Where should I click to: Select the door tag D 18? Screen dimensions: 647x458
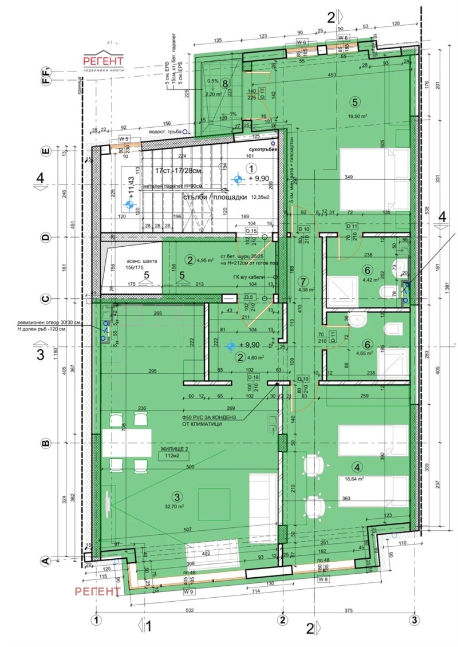(x=253, y=377)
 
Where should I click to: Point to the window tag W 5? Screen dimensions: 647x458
(x=124, y=139)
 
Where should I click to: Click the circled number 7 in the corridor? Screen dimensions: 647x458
(x=303, y=281)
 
